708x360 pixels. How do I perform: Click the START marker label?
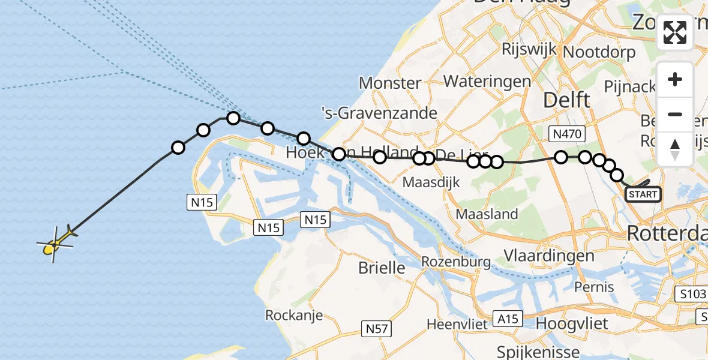point(643,194)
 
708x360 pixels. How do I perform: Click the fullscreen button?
point(675,32)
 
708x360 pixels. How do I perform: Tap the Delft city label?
point(566,100)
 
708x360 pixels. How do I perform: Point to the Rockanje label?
point(294,315)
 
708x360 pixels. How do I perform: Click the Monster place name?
point(390,83)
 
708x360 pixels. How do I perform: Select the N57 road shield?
point(379,328)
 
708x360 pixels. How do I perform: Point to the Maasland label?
point(487,214)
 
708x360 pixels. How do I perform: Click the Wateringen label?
point(487,81)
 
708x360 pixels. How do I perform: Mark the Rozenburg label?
point(456,262)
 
